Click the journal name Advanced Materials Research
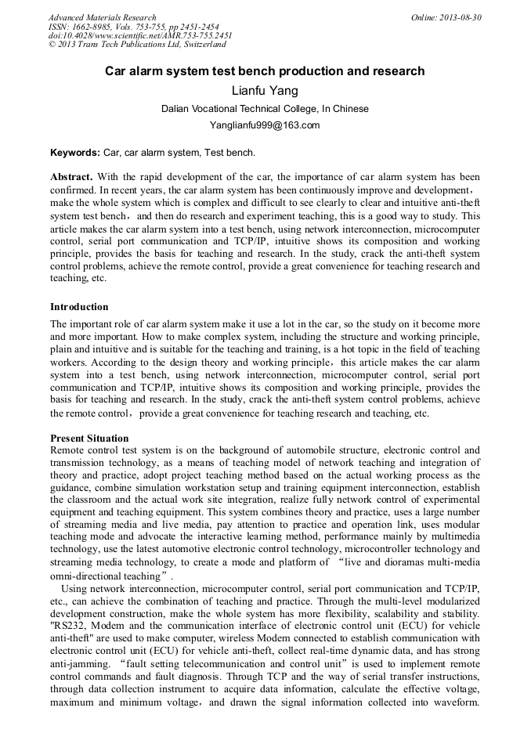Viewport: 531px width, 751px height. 102,17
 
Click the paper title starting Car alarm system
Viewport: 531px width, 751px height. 265,71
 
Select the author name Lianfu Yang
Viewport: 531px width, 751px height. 265,91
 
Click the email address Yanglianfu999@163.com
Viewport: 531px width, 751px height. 265,125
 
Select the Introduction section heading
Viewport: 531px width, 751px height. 79,306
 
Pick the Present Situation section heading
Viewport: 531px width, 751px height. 89,438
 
